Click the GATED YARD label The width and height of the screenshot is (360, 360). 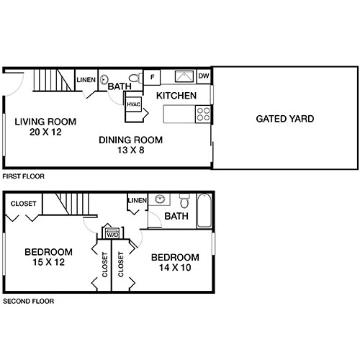click(x=284, y=119)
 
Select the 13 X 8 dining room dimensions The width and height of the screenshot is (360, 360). click(x=130, y=151)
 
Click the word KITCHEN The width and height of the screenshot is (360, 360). click(x=176, y=95)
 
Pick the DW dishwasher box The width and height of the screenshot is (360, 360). click(x=203, y=76)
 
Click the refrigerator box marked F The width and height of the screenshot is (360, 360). click(x=152, y=77)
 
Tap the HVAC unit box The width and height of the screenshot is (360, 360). click(x=133, y=104)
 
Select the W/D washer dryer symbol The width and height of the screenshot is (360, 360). click(x=112, y=233)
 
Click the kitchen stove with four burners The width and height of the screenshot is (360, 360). click(x=203, y=113)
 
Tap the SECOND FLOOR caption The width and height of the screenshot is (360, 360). click(x=28, y=302)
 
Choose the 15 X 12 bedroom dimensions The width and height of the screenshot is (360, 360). click(x=48, y=263)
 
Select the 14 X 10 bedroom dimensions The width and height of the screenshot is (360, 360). click(x=174, y=269)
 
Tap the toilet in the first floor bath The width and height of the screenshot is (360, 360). click(x=134, y=78)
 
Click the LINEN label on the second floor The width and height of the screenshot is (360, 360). click(x=137, y=199)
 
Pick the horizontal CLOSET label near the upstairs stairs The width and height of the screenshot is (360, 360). click(x=24, y=204)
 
